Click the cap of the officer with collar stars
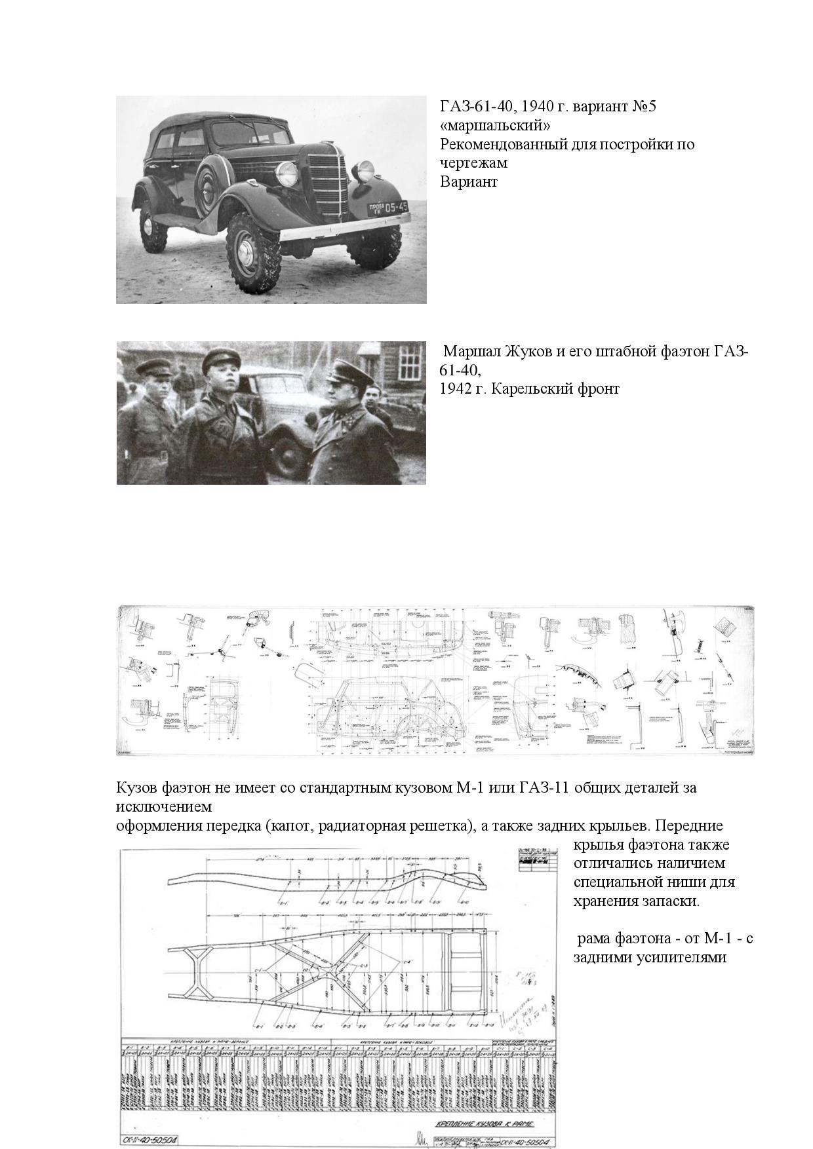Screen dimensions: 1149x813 347,370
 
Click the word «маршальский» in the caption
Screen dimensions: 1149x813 495,125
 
